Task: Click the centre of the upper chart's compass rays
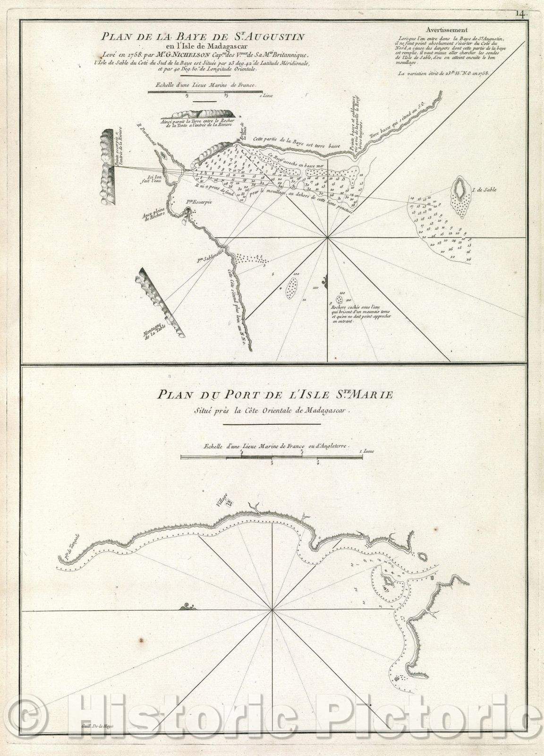pyautogui.click(x=328, y=237)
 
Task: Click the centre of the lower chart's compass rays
pyautogui.click(x=273, y=610)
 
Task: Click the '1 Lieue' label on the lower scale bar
pyautogui.click(x=366, y=451)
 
